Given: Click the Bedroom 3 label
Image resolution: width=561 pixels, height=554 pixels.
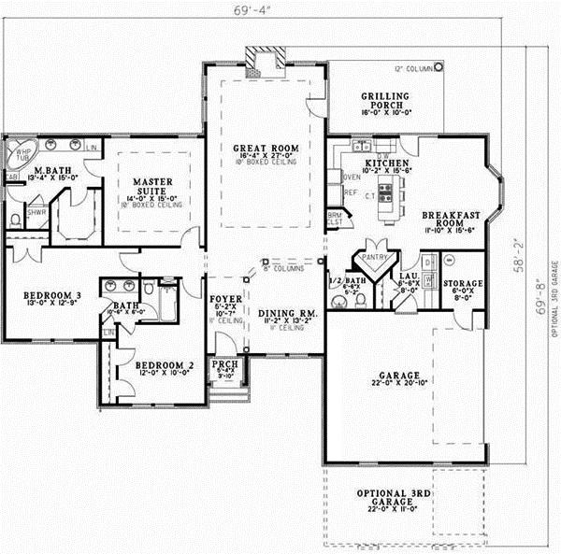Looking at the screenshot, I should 52,296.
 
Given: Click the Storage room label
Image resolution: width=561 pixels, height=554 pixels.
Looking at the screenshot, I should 464,282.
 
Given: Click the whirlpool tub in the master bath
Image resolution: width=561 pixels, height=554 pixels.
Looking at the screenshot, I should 21,150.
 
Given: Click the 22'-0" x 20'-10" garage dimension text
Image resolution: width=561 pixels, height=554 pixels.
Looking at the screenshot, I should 399,382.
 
